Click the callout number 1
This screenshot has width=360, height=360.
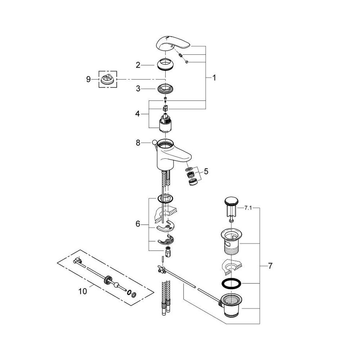(x=214, y=78)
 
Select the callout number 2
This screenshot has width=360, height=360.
(x=138, y=65)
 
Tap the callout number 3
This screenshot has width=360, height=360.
(x=138, y=89)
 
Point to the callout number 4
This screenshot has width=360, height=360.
(x=137, y=114)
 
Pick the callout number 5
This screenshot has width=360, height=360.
(x=206, y=171)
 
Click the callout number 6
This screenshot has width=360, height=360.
(x=138, y=224)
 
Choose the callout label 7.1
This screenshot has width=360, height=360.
(x=248, y=208)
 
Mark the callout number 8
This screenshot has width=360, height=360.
(x=138, y=143)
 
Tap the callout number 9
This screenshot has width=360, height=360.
(x=89, y=80)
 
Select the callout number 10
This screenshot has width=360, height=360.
(x=83, y=291)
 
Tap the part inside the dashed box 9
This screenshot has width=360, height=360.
(x=108, y=80)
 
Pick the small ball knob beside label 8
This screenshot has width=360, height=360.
(x=154, y=142)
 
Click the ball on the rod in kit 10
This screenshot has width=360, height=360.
(x=117, y=285)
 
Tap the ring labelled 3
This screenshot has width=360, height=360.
(x=165, y=89)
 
